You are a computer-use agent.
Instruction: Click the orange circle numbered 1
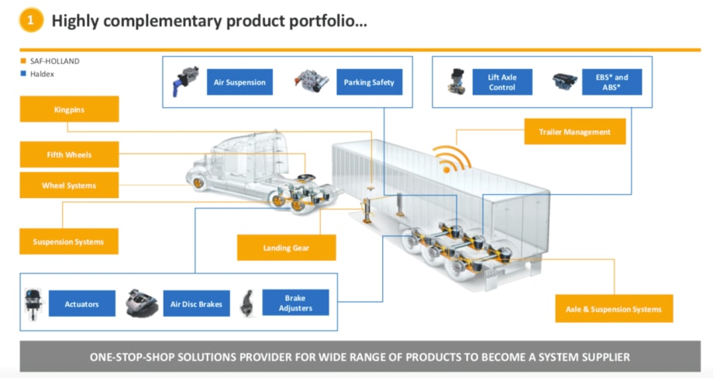(29, 21)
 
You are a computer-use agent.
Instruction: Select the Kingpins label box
(70, 109)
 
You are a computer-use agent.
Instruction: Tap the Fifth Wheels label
(70, 154)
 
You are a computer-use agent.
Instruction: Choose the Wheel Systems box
(70, 186)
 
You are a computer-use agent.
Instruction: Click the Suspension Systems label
(70, 241)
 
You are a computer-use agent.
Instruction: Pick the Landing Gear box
(287, 248)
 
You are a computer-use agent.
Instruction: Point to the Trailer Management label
(574, 132)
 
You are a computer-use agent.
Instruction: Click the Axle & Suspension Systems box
(614, 309)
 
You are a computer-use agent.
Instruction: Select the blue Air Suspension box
(239, 81)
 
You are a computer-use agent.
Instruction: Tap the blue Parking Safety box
(369, 81)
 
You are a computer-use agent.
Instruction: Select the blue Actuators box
(82, 303)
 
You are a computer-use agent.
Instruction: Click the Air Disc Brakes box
(196, 303)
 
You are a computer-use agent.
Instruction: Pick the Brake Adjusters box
(295, 303)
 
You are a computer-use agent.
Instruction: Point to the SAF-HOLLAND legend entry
(50, 61)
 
